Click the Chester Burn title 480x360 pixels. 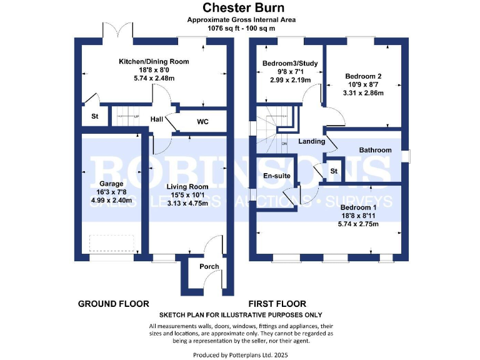[240, 8]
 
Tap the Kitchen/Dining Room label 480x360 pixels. [154, 62]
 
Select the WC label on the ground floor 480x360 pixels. [203, 121]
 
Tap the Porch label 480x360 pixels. [209, 267]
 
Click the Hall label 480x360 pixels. [157, 118]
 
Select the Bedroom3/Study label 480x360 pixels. [290, 64]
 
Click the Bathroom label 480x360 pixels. [375, 150]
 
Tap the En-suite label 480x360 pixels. [277, 176]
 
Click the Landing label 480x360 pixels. [312, 141]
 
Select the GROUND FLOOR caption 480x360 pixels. [113, 304]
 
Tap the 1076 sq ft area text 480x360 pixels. [240, 28]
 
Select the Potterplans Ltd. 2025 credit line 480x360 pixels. [240, 355]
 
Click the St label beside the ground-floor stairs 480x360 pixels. [95, 116]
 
